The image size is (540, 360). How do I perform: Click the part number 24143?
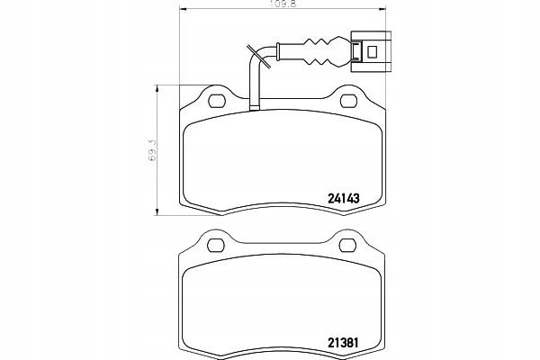click(344, 198)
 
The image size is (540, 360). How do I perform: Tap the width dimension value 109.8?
click(283, 4)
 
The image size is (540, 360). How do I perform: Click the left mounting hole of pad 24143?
click(217, 101)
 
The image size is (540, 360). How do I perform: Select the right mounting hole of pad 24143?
click(348, 101)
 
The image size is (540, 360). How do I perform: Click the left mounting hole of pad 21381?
click(216, 246)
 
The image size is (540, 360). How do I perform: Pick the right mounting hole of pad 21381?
click(347, 246)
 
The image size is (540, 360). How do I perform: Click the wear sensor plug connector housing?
click(371, 51)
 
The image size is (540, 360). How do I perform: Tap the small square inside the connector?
click(373, 51)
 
